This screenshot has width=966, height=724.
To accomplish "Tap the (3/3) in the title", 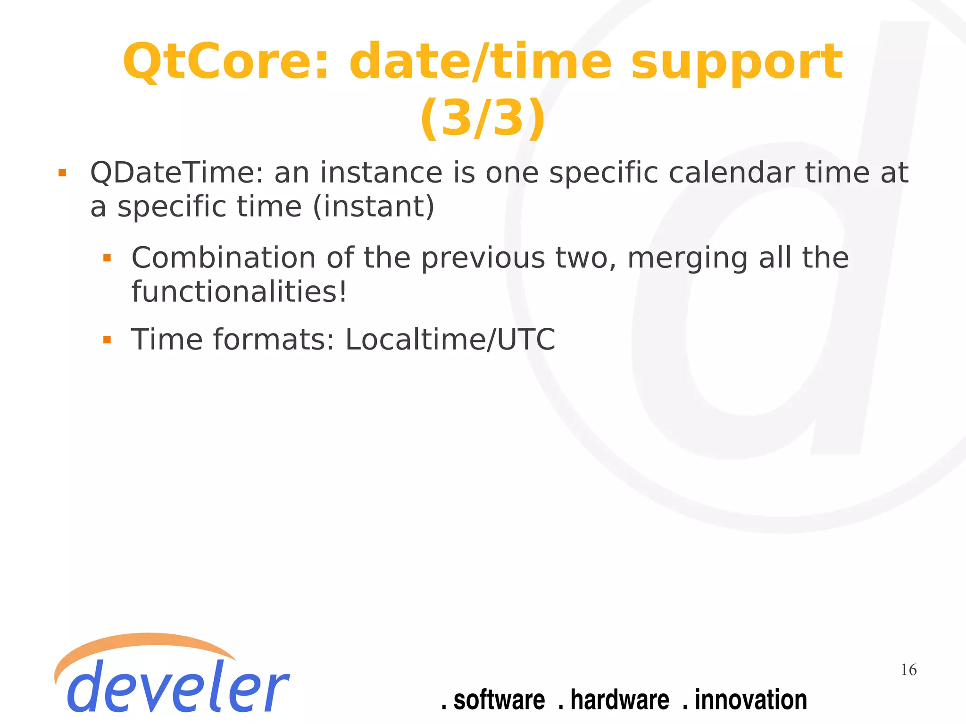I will click(483, 118).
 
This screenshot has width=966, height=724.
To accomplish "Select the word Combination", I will click(223, 258).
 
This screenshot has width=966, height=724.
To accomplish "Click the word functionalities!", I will click(239, 292).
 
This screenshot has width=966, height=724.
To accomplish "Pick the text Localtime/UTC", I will click(450, 340).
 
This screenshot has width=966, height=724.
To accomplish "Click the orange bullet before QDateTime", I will click(62, 173).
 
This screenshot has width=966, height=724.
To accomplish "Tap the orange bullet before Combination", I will click(107, 258).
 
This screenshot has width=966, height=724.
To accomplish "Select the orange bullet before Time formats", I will click(107, 340).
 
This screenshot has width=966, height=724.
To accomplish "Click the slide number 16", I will click(908, 670).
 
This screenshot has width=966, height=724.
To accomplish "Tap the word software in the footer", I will click(499, 700).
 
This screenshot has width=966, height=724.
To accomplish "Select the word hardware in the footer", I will click(619, 700).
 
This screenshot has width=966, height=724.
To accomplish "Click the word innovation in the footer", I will click(750, 700).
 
